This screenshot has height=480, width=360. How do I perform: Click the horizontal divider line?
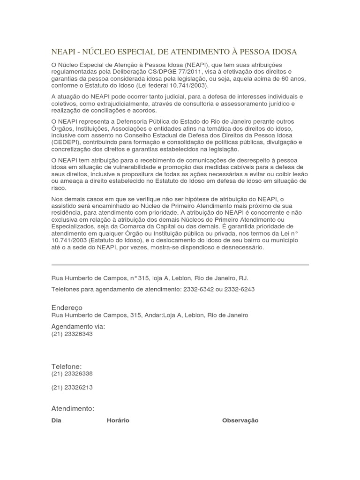pos(180,265)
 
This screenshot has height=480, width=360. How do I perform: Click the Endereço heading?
pos(67,307)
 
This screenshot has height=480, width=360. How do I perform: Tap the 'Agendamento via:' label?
pos(78,326)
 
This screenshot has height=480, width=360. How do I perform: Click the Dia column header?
pos(56,420)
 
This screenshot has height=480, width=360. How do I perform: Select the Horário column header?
pos(118,420)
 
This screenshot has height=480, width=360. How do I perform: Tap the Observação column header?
pos(240,420)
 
